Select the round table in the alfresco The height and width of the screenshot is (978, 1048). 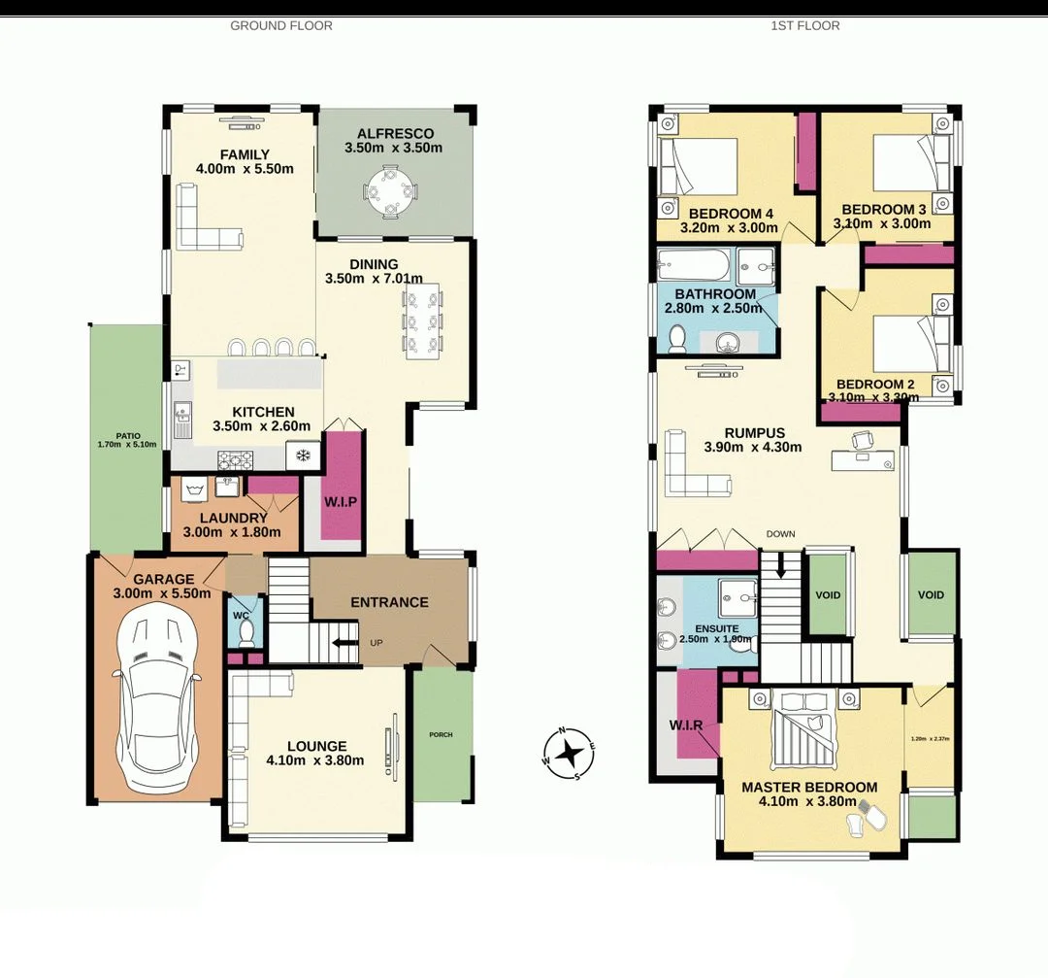(x=392, y=192)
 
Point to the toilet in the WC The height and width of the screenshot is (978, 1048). (x=246, y=632)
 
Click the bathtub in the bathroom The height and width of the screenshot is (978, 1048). (x=692, y=264)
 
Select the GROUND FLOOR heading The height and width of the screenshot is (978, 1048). (x=280, y=25)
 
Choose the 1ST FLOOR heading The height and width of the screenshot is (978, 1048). (x=804, y=25)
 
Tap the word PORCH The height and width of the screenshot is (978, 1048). (x=441, y=734)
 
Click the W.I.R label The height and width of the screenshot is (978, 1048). (x=686, y=725)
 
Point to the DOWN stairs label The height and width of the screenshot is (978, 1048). (x=780, y=534)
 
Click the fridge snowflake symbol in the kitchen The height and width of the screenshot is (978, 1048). (x=303, y=455)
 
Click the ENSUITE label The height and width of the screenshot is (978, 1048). (x=703, y=629)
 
